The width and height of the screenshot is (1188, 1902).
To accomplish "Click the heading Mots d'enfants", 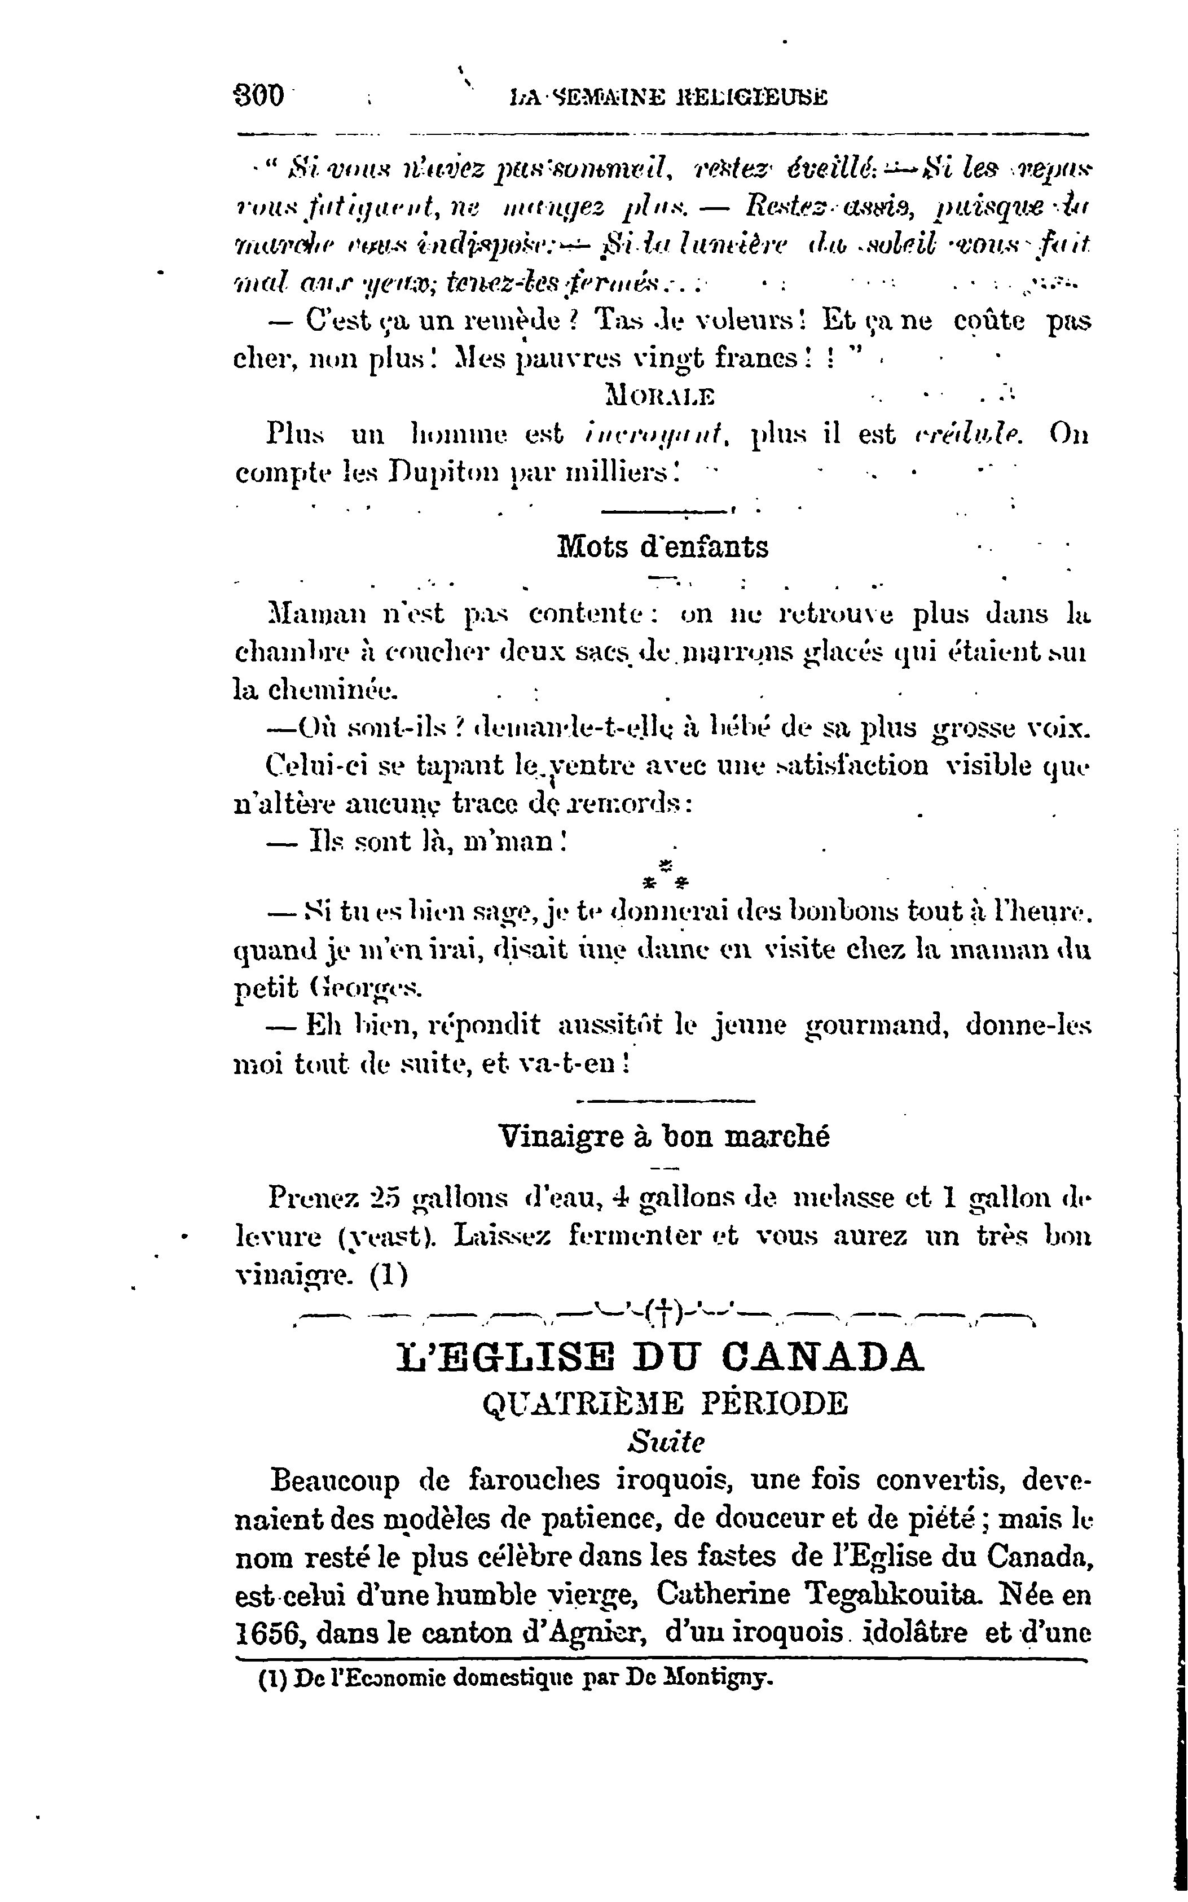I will click(x=662, y=547).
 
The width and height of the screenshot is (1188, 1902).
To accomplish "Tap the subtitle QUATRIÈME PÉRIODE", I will click(x=665, y=1403).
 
